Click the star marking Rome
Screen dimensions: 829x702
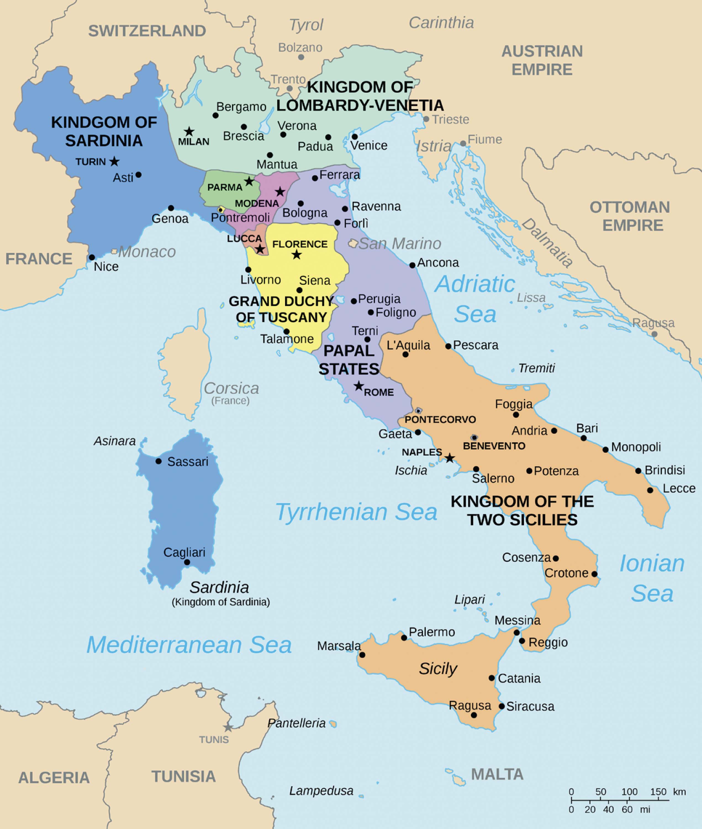click(358, 386)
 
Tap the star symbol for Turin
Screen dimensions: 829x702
click(114, 161)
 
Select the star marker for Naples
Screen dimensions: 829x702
click(449, 458)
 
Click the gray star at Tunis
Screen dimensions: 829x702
click(228, 728)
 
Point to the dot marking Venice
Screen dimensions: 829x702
click(355, 137)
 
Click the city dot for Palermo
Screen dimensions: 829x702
click(404, 638)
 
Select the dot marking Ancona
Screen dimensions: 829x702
click(412, 265)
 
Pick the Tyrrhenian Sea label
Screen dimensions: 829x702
click(356, 512)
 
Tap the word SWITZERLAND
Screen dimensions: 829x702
click(147, 31)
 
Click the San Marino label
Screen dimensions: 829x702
click(400, 243)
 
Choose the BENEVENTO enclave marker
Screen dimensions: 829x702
click(474, 438)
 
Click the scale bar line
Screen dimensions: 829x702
click(620, 799)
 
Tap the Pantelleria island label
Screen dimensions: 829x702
click(297, 723)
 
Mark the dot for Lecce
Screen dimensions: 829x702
click(650, 490)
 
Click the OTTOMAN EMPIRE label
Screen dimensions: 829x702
click(630, 216)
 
